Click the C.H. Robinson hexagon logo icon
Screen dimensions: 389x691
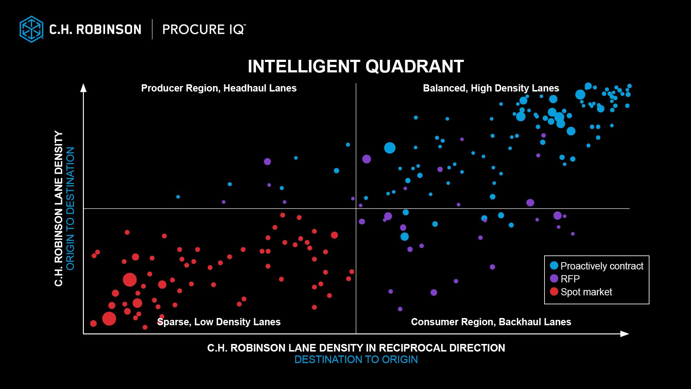coord(31,29)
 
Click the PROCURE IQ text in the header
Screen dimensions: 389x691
coord(204,30)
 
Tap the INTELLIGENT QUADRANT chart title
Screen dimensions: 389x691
coord(356,67)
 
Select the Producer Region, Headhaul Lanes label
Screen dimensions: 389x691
coord(219,88)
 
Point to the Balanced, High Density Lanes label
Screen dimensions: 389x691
coord(491,88)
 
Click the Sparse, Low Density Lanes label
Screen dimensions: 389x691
coord(219,322)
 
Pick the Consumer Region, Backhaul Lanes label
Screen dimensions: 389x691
coord(491,322)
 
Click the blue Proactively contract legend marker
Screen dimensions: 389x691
coord(554,266)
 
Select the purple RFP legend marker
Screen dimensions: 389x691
coord(554,278)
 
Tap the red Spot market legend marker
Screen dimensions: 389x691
coord(554,291)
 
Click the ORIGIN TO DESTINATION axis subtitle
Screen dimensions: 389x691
coord(70,208)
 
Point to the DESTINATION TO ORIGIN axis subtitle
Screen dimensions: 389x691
coord(356,359)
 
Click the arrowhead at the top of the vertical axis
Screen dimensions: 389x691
coord(83,88)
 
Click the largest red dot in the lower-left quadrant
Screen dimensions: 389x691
coord(130,280)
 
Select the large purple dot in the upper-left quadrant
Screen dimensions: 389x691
coord(267,162)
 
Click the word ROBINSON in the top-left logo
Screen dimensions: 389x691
coord(108,30)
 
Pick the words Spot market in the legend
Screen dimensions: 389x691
coord(586,292)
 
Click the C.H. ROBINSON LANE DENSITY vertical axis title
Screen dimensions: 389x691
coord(59,208)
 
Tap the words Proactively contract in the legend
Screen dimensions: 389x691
coord(602,266)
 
